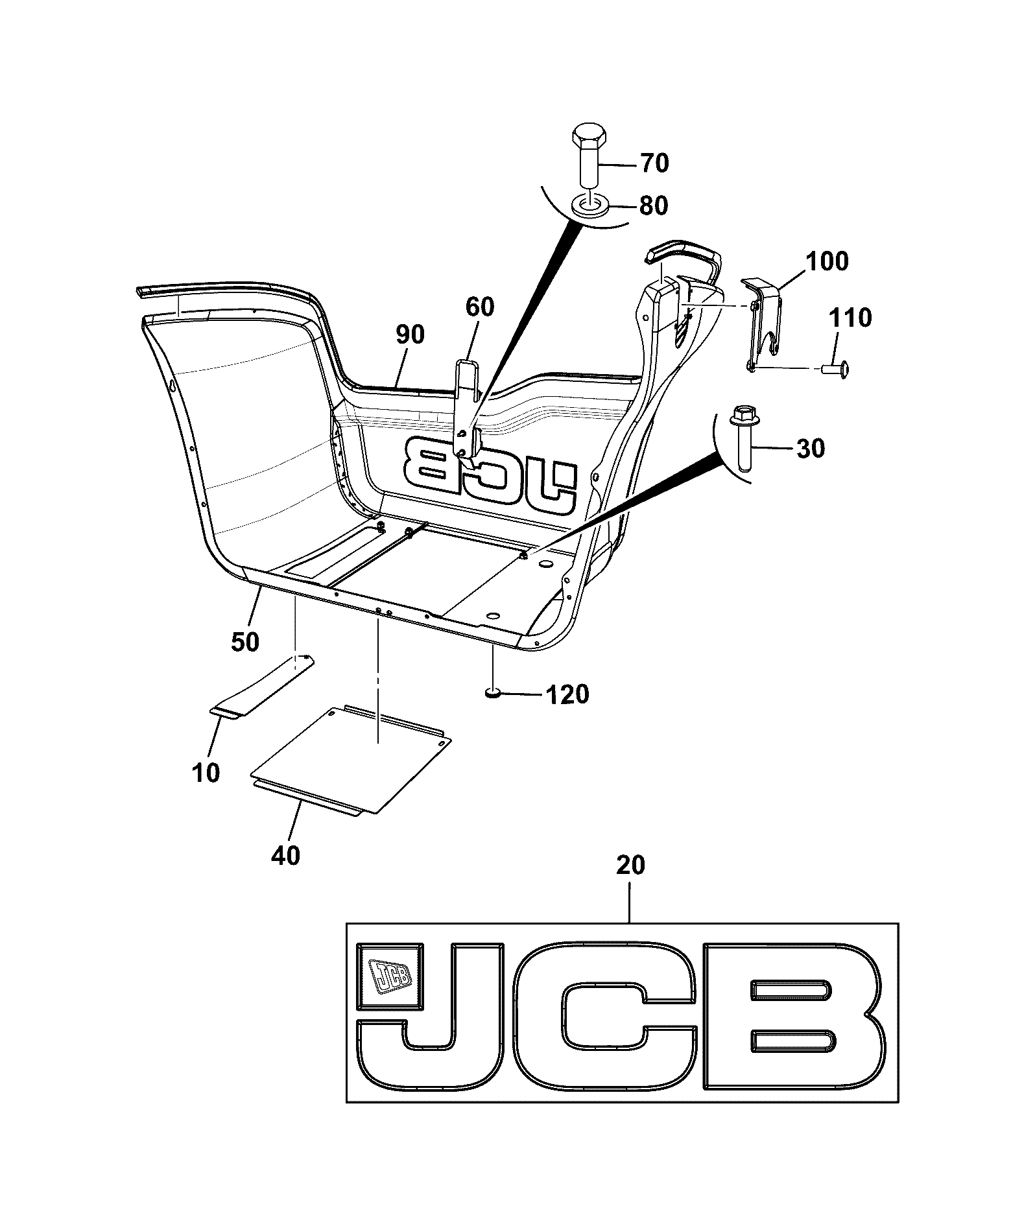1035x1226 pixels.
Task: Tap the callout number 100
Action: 827,261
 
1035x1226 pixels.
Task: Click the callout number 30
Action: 810,448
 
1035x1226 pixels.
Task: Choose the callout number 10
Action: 206,773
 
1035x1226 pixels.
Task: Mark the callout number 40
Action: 286,856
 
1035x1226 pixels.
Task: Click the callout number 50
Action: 244,642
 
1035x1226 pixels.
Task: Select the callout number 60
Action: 479,307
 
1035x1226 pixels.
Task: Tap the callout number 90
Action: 409,335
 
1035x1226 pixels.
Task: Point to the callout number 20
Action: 630,866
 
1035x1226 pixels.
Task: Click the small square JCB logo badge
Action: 389,976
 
